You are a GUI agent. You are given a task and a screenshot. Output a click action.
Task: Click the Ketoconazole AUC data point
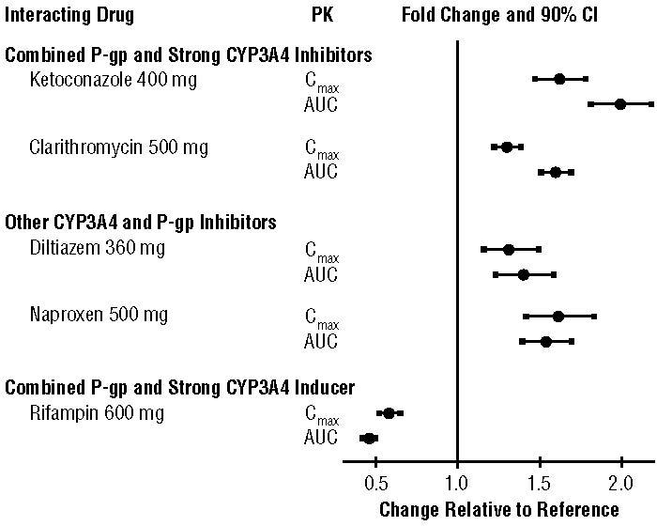pyautogui.click(x=620, y=103)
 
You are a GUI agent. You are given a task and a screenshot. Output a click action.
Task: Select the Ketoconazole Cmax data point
pyautogui.click(x=559, y=79)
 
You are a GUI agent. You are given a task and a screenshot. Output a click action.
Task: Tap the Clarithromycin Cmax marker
pyautogui.click(x=507, y=147)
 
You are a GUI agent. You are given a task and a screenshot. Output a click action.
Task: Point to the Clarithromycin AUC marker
pyautogui.click(x=556, y=172)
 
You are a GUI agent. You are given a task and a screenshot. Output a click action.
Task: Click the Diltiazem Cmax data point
pyautogui.click(x=509, y=249)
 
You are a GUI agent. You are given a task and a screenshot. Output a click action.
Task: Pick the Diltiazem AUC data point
pyautogui.click(x=524, y=274)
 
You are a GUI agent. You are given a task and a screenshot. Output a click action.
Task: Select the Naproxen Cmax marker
pyautogui.click(x=558, y=317)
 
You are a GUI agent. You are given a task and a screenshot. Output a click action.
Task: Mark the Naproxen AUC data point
pyautogui.click(x=546, y=341)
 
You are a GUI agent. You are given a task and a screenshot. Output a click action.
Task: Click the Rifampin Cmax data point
pyautogui.click(x=390, y=412)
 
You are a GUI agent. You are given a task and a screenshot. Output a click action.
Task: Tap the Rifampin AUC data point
pyautogui.click(x=369, y=438)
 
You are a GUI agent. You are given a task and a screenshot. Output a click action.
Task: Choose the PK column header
pyautogui.click(x=321, y=16)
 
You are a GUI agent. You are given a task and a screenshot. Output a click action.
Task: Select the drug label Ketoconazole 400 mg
pyautogui.click(x=113, y=79)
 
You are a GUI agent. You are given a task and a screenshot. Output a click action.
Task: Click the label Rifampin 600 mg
pyautogui.click(x=97, y=412)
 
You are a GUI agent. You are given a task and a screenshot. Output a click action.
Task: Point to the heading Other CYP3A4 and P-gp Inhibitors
pyautogui.click(x=141, y=223)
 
